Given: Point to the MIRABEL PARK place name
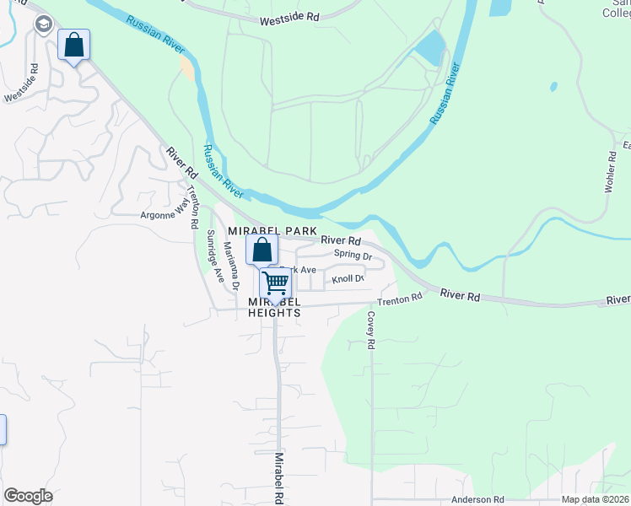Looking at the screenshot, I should click(272, 231).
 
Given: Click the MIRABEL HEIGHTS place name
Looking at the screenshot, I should click(275, 307).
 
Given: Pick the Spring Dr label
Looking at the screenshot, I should click(353, 255).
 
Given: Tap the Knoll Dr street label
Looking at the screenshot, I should click(348, 278).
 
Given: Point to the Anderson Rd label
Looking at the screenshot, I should click(477, 499).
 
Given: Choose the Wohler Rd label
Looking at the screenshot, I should click(610, 173).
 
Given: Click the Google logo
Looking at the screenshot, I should click(28, 496).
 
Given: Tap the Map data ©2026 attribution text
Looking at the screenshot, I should click(596, 499).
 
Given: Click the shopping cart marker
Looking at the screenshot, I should click(275, 284).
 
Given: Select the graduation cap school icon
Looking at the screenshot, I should click(42, 25).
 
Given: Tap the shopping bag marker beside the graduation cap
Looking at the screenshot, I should click(73, 44).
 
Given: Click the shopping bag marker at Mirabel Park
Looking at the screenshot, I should click(262, 250).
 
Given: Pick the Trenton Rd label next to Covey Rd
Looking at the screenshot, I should click(399, 299).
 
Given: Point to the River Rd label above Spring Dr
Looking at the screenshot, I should click(341, 241).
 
